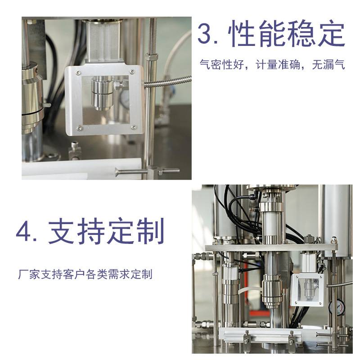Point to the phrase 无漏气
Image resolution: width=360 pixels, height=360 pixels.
328,64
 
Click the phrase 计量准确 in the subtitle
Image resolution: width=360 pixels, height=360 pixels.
278,64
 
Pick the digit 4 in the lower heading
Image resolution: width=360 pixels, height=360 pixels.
25,231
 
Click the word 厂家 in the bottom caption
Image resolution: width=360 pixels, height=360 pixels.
29,274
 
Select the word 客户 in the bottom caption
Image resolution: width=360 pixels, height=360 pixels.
74,274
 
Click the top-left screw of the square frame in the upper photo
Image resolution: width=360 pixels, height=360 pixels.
78,73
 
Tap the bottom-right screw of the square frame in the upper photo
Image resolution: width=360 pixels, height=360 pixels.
133,127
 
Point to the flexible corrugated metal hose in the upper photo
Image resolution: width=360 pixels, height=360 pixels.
167,81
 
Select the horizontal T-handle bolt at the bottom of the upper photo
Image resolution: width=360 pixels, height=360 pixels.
147,171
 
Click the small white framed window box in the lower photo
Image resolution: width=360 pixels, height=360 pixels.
307,290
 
